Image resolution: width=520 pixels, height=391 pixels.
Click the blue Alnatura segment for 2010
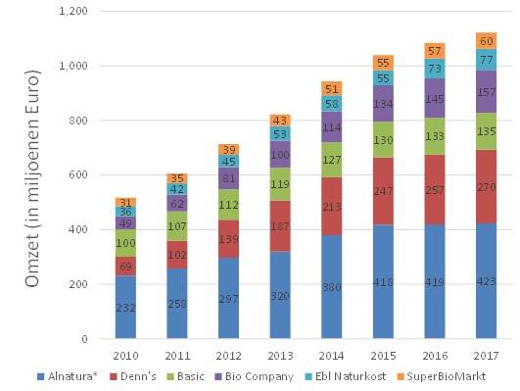click(x=124, y=307)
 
